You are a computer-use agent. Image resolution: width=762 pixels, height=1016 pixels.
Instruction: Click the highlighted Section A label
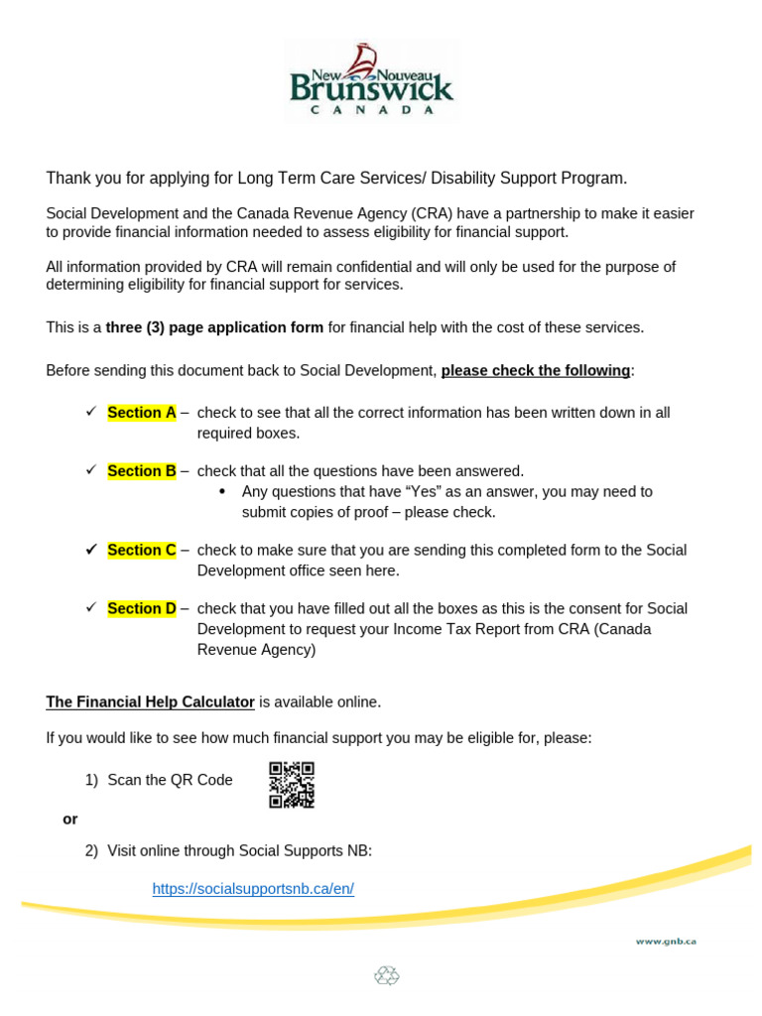coord(141,413)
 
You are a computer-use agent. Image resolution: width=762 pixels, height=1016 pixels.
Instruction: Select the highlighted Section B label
coord(141,471)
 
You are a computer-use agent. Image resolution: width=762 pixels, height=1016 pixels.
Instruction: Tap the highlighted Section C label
coord(141,550)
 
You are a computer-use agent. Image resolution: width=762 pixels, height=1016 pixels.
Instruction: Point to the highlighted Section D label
coord(141,608)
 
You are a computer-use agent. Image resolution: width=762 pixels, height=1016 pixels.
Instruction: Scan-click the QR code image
coord(292,784)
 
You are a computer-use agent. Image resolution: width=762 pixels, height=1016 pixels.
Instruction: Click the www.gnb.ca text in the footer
coord(666,941)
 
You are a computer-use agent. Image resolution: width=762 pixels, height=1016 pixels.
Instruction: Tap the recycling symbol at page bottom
coord(386,976)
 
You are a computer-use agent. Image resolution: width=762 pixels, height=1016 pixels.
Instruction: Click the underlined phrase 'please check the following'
coord(535,371)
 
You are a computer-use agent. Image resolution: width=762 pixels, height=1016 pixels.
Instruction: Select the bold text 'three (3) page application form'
coord(214,327)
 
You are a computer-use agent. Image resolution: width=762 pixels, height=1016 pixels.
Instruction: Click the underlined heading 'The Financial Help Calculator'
coord(150,702)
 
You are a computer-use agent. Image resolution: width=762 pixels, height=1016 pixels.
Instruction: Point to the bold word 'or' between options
coord(69,820)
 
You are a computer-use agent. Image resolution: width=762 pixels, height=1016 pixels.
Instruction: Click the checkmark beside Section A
coord(91,412)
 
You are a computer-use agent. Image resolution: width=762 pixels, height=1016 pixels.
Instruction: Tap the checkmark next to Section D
coord(91,607)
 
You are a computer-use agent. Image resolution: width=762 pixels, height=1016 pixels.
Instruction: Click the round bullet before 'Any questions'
coord(221,492)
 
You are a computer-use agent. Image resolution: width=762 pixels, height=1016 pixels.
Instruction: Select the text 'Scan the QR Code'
coord(170,780)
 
